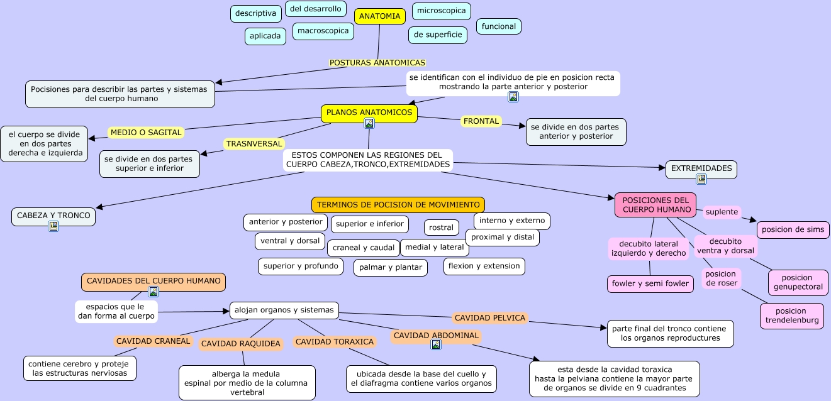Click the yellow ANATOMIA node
tap(379, 16)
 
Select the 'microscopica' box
tap(441, 11)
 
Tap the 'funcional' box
tap(498, 26)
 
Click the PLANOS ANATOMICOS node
tap(369, 113)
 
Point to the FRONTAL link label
tap(481, 121)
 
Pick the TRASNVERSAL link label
tap(254, 144)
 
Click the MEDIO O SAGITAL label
tap(146, 133)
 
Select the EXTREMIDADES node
tap(701, 168)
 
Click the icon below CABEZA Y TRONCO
tap(53, 226)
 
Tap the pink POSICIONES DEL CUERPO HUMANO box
tap(655, 205)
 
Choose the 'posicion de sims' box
tap(793, 229)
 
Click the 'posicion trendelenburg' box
tap(791, 316)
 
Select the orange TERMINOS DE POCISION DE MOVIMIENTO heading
tap(398, 205)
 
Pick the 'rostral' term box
tap(441, 228)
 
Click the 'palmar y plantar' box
tap(390, 268)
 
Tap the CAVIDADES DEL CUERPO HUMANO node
tap(153, 281)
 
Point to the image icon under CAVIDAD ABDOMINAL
tap(435, 344)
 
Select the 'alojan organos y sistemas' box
tap(284, 310)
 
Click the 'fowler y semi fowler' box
tap(650, 283)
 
